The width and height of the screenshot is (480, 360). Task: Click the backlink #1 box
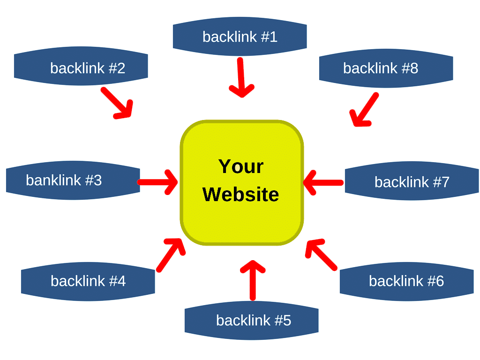[240, 37]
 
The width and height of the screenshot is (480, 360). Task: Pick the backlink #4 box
[88, 281]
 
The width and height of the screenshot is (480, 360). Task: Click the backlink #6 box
[406, 281]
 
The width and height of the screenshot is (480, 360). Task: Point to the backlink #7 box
[412, 182]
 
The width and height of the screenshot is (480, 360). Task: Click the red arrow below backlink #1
[241, 77]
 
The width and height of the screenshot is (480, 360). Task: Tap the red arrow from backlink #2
[117, 102]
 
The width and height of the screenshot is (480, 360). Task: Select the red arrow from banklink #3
[157, 182]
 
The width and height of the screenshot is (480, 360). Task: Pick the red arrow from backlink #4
[171, 255]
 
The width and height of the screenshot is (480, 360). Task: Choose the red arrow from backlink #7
[323, 182]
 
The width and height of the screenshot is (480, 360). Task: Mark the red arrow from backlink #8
[364, 110]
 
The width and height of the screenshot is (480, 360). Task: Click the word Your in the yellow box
[241, 166]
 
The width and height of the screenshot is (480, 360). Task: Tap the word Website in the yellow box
[241, 194]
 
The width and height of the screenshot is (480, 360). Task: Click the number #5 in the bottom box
[283, 321]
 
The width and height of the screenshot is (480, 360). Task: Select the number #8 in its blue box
[410, 68]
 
